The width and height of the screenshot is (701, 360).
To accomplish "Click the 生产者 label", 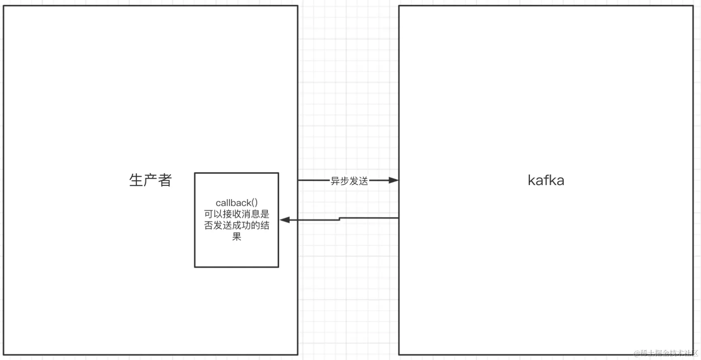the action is [x=150, y=180].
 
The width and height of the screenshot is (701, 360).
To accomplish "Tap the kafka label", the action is [x=546, y=180].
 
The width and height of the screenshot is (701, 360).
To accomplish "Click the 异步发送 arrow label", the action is [x=349, y=181].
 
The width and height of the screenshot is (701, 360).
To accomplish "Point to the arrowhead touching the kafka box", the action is [x=393, y=180].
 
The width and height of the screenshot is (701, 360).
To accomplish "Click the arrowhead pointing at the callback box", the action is [x=285, y=220].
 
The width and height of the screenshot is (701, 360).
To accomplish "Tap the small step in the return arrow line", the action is [x=339, y=219].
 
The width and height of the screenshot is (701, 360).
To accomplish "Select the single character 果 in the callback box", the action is [x=237, y=236].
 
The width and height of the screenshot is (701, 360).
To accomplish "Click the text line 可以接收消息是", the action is [x=237, y=214].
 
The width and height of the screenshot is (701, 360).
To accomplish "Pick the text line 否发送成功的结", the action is [x=237, y=225].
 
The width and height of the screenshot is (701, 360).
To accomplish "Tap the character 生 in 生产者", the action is [x=136, y=180].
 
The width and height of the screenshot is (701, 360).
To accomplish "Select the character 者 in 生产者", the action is [x=165, y=180].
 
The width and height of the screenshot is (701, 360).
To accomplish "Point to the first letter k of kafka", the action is [x=531, y=180].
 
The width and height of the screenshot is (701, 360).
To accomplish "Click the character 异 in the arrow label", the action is [x=335, y=181].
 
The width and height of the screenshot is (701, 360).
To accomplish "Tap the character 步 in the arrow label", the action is [x=344, y=181].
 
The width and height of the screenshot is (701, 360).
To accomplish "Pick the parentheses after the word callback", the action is [x=254, y=202].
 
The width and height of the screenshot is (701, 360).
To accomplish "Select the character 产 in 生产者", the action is [x=150, y=180].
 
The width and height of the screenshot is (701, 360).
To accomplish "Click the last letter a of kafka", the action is [x=560, y=181].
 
